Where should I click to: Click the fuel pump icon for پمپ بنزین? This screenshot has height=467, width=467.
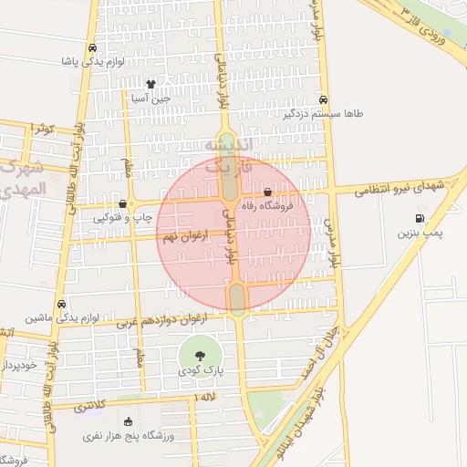coord(420,219)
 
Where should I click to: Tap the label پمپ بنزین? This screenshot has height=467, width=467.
coord(419,234)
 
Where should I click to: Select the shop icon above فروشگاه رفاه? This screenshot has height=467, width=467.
coord(267,192)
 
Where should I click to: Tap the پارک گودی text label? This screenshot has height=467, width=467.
coord(201,372)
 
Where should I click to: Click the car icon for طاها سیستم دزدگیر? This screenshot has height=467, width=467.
coord(324,100)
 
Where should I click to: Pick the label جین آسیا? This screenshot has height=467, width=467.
coord(151,97)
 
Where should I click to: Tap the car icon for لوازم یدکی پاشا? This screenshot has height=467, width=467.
coord(92,48)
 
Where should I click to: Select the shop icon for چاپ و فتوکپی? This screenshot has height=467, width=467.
coord(123,203)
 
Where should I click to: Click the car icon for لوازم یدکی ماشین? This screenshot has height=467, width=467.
coord(61,304)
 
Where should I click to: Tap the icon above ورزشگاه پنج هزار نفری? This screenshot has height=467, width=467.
coord(127,421)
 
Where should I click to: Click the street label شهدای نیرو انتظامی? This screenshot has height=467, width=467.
coord(402,187)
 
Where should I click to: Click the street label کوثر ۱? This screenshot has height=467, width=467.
coord(43,128)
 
